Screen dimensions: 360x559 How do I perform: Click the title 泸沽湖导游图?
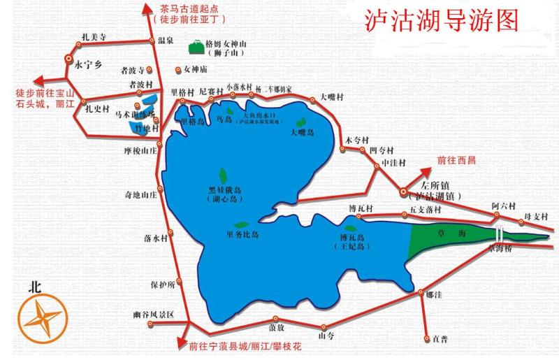click(442, 21)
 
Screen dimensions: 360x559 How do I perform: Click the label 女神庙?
click(195, 69)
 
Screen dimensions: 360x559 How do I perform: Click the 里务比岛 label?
click(242, 234)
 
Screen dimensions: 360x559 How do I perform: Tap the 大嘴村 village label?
click(332, 97)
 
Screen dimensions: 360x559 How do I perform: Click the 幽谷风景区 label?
click(152, 316)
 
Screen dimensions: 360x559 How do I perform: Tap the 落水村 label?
click(155, 238)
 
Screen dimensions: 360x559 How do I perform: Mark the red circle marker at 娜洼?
click(420, 292)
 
